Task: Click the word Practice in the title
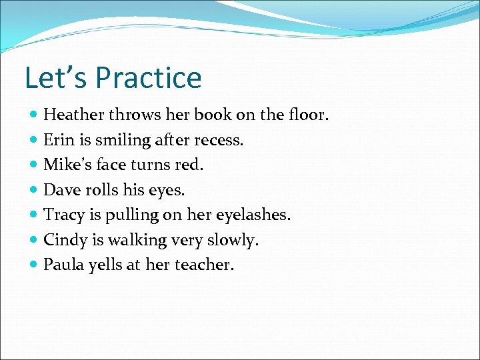point(148,77)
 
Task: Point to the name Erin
point(59,140)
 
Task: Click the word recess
point(221,140)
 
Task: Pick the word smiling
point(123,141)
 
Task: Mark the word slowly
point(235,240)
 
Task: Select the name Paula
point(63,265)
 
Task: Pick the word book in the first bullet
point(213,115)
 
